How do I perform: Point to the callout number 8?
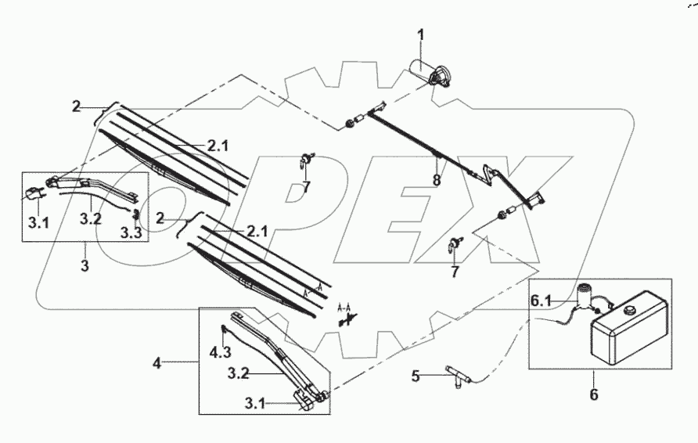click(437, 180)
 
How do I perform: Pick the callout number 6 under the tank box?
click(594, 394)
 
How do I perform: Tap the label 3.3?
click(131, 232)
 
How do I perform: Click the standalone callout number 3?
click(85, 265)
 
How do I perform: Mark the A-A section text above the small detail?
click(344, 307)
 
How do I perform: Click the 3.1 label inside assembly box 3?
click(38, 222)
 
